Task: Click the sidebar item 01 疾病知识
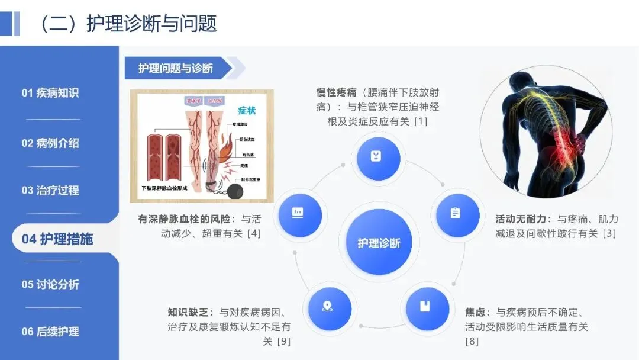(50, 93)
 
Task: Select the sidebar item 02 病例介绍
(50, 143)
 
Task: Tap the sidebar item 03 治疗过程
(50, 191)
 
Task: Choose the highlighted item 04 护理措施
(57, 239)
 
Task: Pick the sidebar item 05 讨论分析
(50, 284)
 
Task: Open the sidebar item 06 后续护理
(50, 332)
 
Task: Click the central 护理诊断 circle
(379, 243)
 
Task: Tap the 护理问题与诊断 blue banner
(176, 68)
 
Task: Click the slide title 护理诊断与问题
(151, 24)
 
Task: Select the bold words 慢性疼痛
(335, 92)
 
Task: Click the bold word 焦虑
(476, 312)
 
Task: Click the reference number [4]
(254, 233)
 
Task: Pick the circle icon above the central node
(376, 157)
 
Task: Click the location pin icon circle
(326, 307)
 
